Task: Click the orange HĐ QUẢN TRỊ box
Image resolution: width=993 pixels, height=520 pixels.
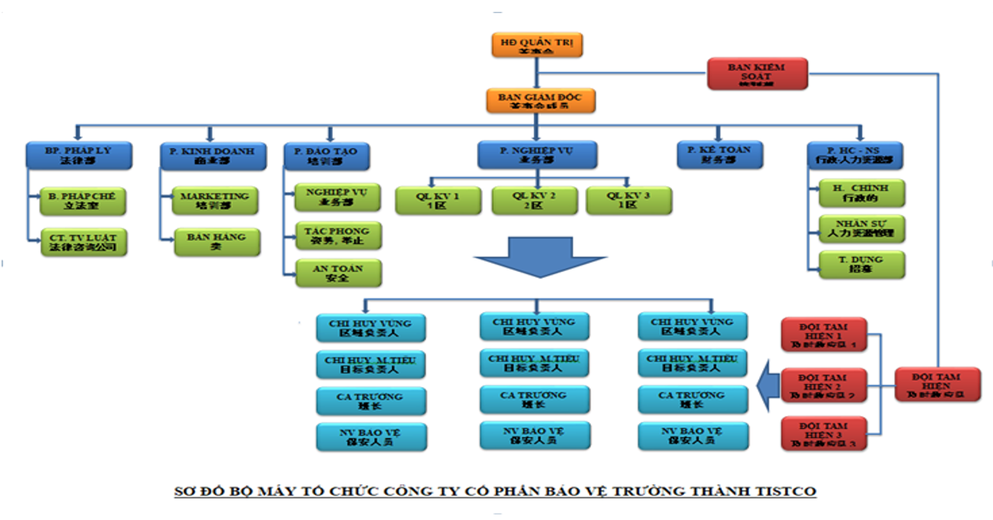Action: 536,44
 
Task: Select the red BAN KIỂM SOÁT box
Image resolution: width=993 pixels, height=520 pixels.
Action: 757,73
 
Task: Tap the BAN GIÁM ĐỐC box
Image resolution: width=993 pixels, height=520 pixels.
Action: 539,100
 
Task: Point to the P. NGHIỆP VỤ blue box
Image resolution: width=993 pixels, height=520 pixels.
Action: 536,155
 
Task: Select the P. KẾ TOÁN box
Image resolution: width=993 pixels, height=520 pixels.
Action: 719,154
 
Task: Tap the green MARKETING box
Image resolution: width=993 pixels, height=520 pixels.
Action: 214,201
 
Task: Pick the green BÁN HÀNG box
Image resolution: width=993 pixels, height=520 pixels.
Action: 217,242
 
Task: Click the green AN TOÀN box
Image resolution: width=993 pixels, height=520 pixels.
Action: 338,273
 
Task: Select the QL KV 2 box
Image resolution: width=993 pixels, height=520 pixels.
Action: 534,201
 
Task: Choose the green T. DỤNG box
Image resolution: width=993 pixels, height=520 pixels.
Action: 861,265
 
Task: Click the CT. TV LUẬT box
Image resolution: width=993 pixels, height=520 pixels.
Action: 83,242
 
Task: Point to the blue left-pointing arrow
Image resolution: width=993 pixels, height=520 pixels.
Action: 766,383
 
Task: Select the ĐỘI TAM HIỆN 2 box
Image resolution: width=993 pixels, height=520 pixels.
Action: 824,383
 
